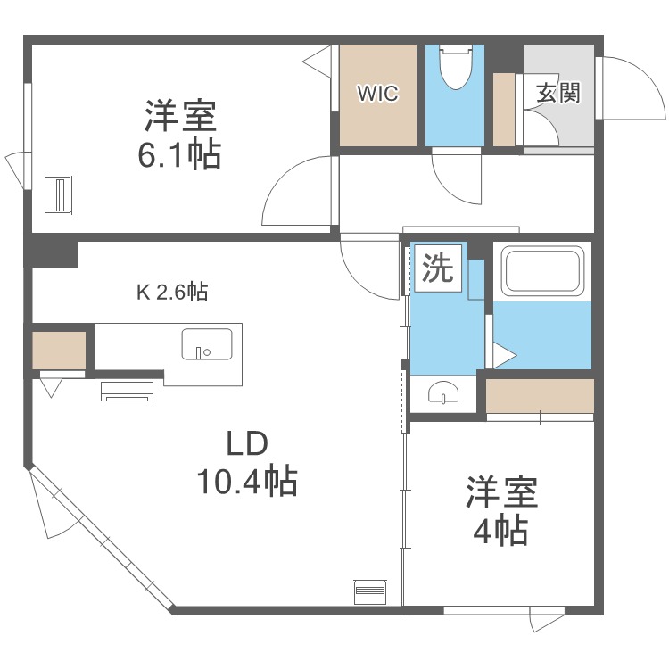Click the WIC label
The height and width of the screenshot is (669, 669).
378,93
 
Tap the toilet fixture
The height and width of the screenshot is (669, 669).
456,69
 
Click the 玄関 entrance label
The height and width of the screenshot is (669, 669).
558,93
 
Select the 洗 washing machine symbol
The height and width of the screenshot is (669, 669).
437,268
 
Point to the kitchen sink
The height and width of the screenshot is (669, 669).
206,343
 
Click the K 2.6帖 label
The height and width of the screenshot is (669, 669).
172,292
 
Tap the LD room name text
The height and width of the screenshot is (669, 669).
245,443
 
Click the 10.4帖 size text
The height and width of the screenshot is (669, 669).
246,483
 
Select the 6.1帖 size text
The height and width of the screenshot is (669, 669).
179,155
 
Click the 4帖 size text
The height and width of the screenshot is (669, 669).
500,532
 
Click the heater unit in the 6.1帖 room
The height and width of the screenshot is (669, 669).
60,194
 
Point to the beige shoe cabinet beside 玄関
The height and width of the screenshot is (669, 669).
504,110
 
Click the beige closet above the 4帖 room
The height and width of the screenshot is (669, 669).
540,395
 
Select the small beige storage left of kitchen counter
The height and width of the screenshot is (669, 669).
59,349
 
